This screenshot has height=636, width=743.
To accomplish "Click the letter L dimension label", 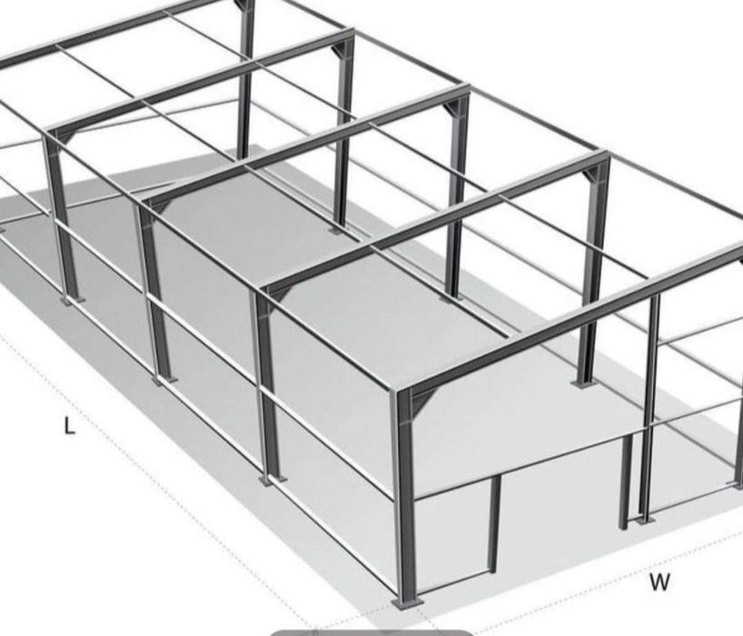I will coord(69,425).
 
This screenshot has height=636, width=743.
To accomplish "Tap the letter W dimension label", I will coord(659,582).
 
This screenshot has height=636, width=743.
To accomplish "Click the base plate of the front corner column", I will coord(407,601).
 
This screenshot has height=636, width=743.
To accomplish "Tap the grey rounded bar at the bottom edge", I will coord(372,631).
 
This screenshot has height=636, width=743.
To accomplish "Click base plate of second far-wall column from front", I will coord(451,296).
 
